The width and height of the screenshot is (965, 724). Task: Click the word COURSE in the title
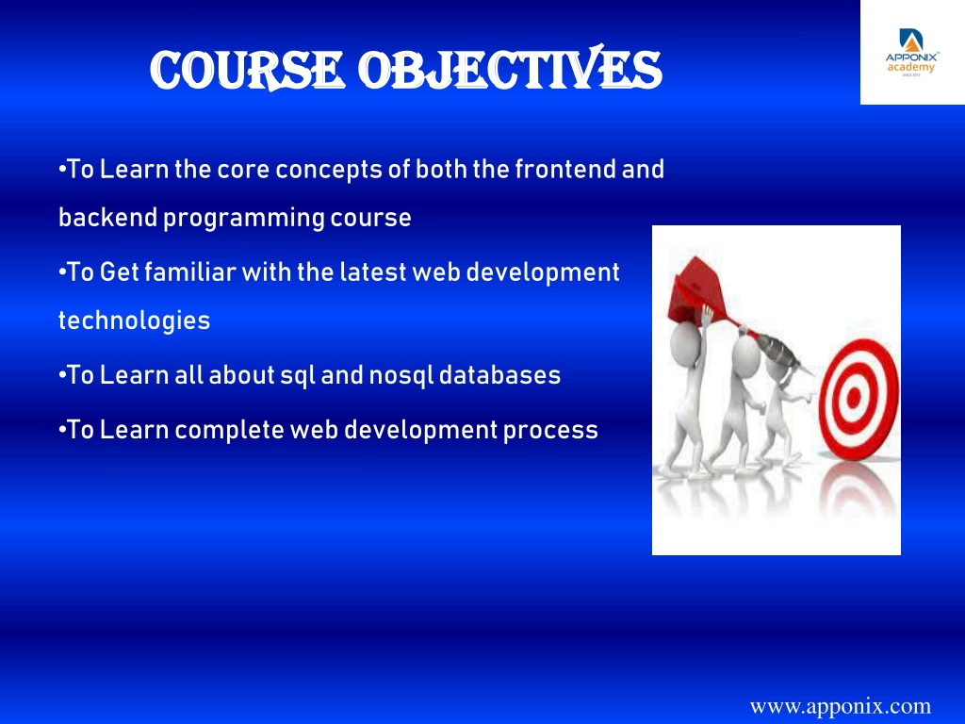tap(246, 70)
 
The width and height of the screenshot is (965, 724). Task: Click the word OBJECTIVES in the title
tap(510, 69)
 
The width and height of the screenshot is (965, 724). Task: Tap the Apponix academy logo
tap(912, 53)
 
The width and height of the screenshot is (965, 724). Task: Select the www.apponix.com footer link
tap(840, 705)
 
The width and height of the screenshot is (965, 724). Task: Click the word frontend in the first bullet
tap(565, 170)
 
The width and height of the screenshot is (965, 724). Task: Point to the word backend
tap(107, 218)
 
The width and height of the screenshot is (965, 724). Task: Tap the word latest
tap(373, 272)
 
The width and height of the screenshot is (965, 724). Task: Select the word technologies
tap(134, 321)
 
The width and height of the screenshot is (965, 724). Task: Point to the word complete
tap(229, 430)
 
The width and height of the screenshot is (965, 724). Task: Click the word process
tap(550, 430)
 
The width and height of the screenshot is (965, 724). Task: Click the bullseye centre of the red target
tap(854, 399)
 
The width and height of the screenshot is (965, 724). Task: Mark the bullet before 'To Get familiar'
tap(61, 272)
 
